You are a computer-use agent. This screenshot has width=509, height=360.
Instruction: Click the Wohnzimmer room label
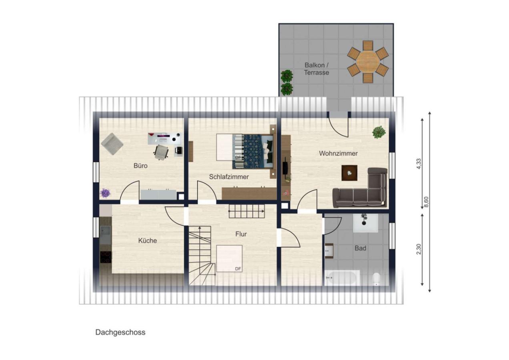click(338, 153)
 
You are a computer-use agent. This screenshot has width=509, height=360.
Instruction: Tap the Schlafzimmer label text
click(229, 177)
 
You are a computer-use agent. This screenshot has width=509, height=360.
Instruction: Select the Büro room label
click(140, 166)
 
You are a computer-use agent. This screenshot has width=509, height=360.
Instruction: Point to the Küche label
click(148, 240)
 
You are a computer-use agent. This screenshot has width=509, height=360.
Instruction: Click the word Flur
click(241, 234)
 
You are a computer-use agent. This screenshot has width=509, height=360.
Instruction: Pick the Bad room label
click(361, 248)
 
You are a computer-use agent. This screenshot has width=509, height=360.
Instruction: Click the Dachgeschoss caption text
click(120, 332)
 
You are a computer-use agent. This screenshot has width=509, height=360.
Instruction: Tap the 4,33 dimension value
click(418, 164)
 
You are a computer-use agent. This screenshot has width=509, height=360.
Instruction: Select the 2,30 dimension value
click(418, 249)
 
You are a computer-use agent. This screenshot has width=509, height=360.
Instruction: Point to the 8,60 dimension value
click(426, 202)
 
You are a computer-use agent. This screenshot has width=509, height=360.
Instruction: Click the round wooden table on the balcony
click(367, 62)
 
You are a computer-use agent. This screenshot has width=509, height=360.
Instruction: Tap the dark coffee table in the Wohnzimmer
click(349, 173)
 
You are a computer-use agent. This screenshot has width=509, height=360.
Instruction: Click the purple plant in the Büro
click(105, 193)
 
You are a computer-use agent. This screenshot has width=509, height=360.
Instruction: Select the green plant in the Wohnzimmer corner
click(379, 132)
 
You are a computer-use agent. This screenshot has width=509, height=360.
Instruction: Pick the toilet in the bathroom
click(376, 279)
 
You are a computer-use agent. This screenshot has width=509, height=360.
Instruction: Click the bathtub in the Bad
click(342, 278)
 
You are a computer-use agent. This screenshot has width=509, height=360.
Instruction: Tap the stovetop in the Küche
click(106, 257)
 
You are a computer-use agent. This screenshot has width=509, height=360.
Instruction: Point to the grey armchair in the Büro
click(112, 144)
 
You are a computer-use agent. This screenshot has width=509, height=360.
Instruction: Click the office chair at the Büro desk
click(161, 152)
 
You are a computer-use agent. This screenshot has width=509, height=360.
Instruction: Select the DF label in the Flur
click(238, 269)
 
